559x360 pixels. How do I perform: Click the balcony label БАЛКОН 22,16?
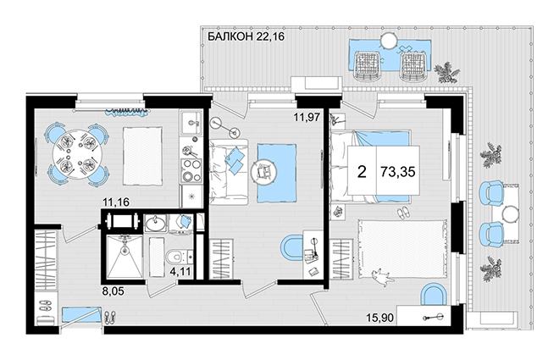click(x=246, y=36)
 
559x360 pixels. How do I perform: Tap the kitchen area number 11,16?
click(x=116, y=202)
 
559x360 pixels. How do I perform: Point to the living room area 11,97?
click(x=307, y=117)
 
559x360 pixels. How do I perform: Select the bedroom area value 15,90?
click(x=379, y=318)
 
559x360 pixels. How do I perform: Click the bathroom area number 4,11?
click(x=180, y=272)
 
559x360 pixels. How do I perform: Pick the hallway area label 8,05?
click(x=113, y=291)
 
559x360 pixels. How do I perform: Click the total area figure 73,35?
click(x=398, y=172)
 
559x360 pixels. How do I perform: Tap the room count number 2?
click(x=362, y=172)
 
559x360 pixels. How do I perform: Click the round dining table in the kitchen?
click(x=77, y=154)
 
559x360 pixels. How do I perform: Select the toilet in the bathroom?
click(x=179, y=257)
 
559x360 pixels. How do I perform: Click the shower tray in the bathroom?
click(x=125, y=257)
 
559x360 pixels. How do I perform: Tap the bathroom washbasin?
click(x=156, y=223)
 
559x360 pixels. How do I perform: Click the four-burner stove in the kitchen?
click(x=191, y=170)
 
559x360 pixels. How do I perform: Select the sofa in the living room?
click(x=228, y=172)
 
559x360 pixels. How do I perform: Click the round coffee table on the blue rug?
click(x=263, y=172)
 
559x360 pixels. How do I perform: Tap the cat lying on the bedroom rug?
click(x=382, y=277)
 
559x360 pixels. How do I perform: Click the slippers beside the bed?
click(x=403, y=213)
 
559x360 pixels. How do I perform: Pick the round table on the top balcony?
click(x=388, y=41)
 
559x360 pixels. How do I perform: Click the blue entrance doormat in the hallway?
click(x=80, y=315)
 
